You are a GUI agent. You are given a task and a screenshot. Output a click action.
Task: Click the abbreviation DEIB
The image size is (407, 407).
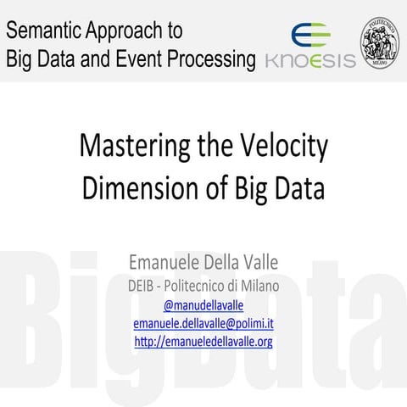pos(146,285)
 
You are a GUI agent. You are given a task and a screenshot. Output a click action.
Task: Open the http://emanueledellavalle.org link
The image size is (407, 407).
pos(203,342)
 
